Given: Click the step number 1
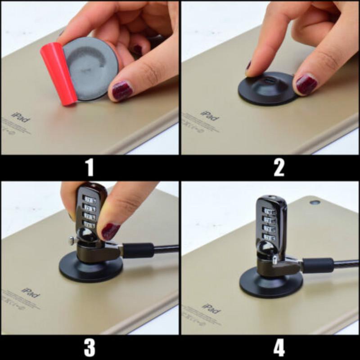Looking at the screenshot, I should pyautogui.click(x=90, y=167).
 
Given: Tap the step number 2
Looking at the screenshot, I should pyautogui.click(x=279, y=167).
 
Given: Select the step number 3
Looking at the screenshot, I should pyautogui.click(x=90, y=347).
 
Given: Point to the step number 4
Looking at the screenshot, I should pyautogui.click(x=279, y=347).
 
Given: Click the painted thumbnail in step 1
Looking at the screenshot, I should pyautogui.click(x=122, y=90).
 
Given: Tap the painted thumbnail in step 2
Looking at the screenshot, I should pyautogui.click(x=306, y=85).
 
